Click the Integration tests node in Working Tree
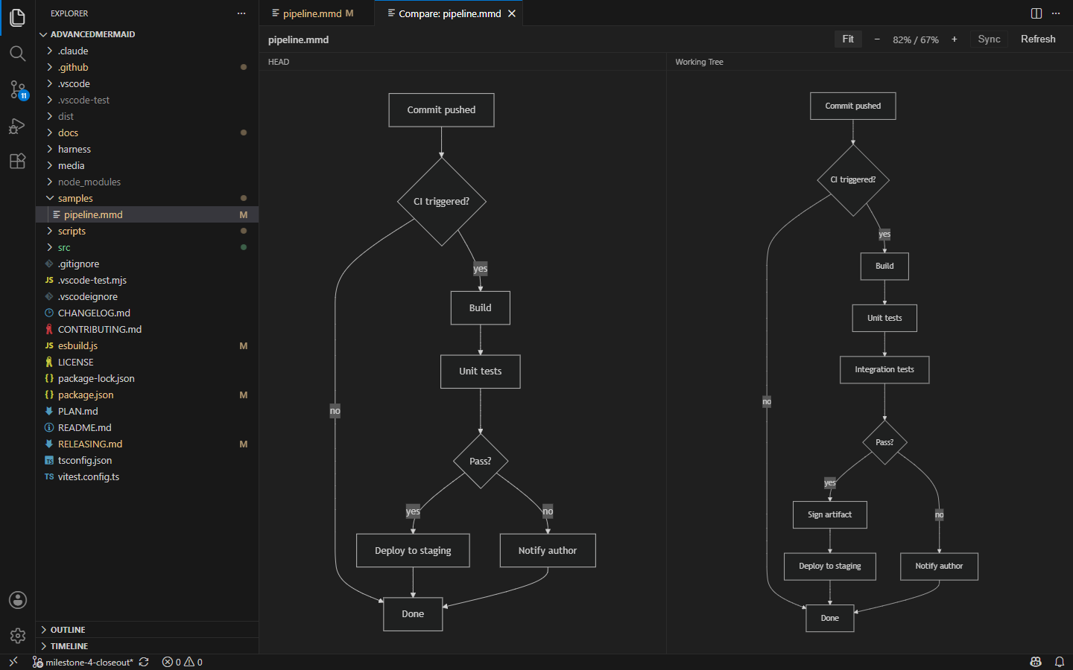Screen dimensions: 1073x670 click(884, 369)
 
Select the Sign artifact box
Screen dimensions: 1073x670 click(829, 514)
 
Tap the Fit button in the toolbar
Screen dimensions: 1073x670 click(848, 39)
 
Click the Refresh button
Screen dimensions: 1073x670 click(1037, 39)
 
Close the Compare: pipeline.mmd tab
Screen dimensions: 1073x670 click(512, 13)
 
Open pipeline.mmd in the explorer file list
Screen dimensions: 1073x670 click(93, 214)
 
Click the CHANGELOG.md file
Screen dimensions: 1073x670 click(94, 313)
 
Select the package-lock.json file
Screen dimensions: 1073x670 click(96, 378)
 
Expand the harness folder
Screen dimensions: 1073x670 click(75, 150)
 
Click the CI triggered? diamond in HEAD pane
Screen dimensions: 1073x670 click(442, 202)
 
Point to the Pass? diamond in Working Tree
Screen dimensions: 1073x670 click(884, 442)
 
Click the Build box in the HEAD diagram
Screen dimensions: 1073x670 click(480, 307)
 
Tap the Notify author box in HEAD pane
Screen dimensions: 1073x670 click(548, 550)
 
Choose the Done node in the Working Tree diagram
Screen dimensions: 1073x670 click(829, 618)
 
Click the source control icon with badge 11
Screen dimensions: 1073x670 click(18, 89)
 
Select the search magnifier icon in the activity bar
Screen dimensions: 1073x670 click(18, 53)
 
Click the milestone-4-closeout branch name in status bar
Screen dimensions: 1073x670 click(89, 663)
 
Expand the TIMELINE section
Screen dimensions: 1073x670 click(69, 646)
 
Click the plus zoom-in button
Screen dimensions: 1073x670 click(955, 39)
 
